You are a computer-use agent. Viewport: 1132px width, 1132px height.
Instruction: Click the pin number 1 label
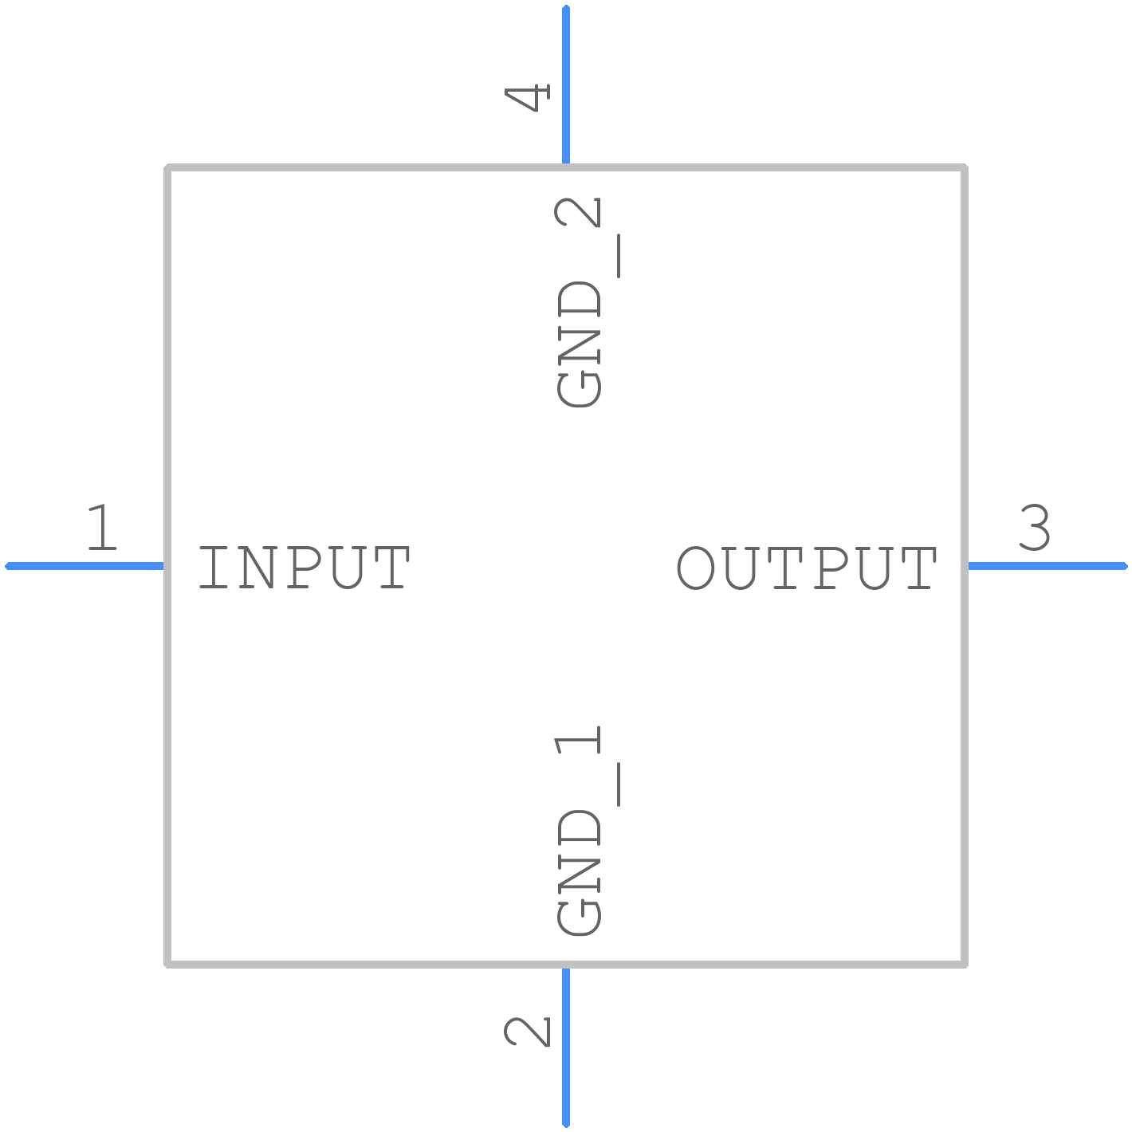point(102,527)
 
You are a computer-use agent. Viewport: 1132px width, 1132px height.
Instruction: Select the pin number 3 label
point(1035,527)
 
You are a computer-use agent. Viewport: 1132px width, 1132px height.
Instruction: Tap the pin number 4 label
point(527,97)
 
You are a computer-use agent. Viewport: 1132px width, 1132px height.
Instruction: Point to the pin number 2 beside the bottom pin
point(527,1032)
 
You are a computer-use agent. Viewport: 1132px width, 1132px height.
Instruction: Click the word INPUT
point(304,567)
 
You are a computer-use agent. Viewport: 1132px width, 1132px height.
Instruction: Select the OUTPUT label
point(806,567)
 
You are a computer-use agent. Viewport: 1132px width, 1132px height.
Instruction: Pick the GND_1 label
point(585,830)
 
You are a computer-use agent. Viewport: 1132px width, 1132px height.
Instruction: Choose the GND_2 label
point(585,301)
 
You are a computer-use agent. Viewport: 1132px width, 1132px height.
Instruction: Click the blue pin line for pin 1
point(84,566)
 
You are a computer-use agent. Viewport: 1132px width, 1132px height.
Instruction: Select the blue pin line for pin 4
point(566,84)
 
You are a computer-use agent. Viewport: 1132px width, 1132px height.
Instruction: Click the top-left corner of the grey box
point(167,167)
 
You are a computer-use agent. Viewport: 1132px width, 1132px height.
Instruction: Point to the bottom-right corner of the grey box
point(964,964)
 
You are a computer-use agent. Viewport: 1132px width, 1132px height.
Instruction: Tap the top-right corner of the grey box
point(964,167)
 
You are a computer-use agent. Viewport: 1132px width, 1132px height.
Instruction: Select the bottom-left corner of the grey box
point(167,964)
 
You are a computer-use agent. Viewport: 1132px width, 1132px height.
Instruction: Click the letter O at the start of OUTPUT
point(695,568)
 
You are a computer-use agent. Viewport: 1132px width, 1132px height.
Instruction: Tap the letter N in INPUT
point(257,568)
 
